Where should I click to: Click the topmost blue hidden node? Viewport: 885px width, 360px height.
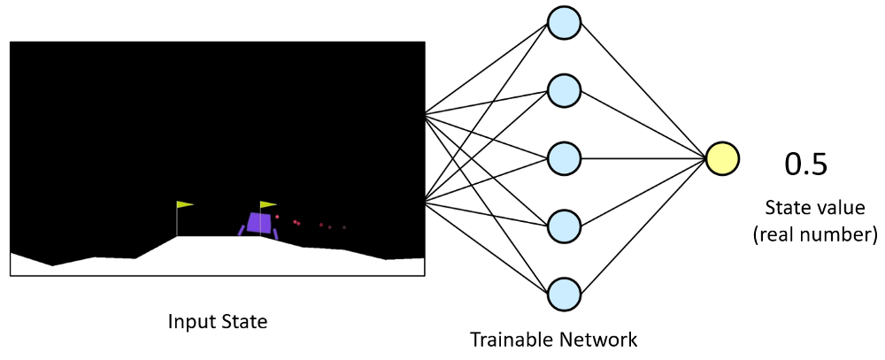[564, 22]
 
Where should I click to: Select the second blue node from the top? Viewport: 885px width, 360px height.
[564, 90]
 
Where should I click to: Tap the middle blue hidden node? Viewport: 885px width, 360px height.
[564, 158]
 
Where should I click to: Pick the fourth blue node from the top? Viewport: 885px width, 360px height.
[564, 226]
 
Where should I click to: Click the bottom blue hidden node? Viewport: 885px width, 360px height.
[564, 293]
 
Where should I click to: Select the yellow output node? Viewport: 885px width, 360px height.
[721, 158]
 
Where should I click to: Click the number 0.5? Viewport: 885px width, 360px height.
[806, 165]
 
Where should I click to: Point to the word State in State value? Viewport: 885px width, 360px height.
[783, 209]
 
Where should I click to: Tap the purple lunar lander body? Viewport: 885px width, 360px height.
[259, 223]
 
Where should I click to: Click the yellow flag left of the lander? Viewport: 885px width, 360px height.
[185, 204]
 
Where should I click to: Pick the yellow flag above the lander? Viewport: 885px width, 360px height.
[268, 204]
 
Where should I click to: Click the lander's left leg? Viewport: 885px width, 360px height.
[241, 230]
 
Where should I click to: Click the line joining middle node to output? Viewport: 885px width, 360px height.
[642, 158]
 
